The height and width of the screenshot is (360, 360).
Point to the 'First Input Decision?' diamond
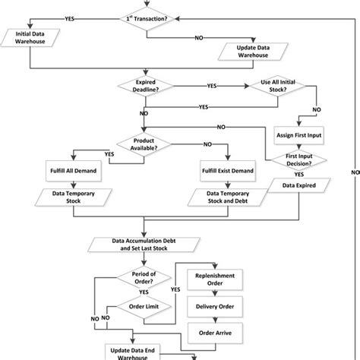pyautogui.click(x=302, y=161)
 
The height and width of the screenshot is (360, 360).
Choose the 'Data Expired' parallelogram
pyautogui.click(x=302, y=185)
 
